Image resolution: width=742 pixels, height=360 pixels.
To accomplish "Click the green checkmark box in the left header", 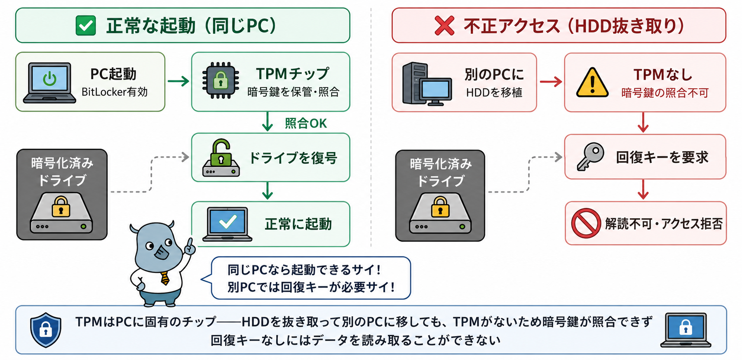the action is pyautogui.click(x=86, y=26).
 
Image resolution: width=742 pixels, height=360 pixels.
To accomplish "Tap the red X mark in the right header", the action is pyautogui.click(x=444, y=26).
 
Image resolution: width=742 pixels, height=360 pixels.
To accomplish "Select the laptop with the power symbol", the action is pyautogui.click(x=49, y=82).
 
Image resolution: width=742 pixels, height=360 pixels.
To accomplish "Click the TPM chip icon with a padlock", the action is pyautogui.click(x=221, y=80).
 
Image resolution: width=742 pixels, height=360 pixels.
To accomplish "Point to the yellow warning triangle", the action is pyautogui.click(x=592, y=82).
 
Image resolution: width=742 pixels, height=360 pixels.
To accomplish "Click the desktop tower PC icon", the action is pyautogui.click(x=427, y=84).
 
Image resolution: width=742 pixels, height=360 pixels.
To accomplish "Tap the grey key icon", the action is pyautogui.click(x=590, y=156).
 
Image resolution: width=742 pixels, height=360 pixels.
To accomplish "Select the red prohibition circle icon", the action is pyautogui.click(x=586, y=223).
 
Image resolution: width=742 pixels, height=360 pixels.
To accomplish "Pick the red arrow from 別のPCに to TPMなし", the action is pyautogui.click(x=551, y=82).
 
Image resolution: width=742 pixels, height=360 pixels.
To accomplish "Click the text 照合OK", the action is pyautogui.click(x=305, y=123).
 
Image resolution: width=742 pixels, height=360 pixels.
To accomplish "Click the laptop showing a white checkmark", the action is pyautogui.click(x=227, y=224).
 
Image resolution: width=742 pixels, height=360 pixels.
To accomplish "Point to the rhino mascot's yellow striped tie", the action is pyautogui.click(x=165, y=278).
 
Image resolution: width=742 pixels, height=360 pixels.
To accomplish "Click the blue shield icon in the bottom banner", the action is pyautogui.click(x=46, y=329).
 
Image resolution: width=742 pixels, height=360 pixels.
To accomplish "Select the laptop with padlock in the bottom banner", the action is pyautogui.click(x=686, y=330).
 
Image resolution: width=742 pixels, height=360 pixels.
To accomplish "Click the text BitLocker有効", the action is pyautogui.click(x=114, y=92).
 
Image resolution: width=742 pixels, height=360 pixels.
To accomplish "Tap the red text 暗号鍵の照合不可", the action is pyautogui.click(x=665, y=93).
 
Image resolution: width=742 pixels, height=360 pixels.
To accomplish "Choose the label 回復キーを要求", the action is pyautogui.click(x=662, y=157).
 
